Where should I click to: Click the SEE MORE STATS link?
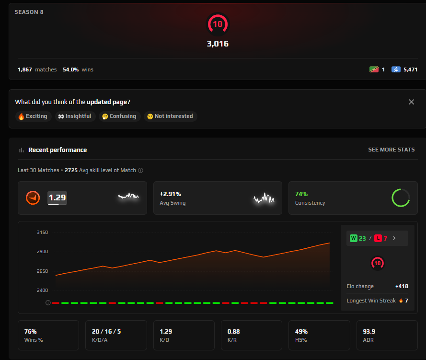[x=391, y=150]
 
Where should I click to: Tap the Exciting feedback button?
[x=33, y=116]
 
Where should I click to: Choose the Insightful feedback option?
[x=75, y=116]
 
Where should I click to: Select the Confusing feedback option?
[x=119, y=116]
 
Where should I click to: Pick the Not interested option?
[x=170, y=116]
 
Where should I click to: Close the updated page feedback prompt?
[x=411, y=102]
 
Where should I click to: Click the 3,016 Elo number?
[x=218, y=44]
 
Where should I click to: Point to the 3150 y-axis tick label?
[x=42, y=232]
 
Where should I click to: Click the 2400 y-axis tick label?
[x=42, y=290]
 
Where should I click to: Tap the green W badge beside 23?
[x=354, y=238]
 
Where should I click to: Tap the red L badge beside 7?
[x=378, y=238]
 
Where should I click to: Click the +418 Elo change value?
[x=402, y=286]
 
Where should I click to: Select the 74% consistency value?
[x=301, y=194]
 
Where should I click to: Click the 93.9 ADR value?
[x=369, y=331]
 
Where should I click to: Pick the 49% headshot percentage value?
[x=301, y=331]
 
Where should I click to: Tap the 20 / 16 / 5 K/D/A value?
[x=106, y=331]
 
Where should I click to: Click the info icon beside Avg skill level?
[x=140, y=170]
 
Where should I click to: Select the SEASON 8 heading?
[x=29, y=12]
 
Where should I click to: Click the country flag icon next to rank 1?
[x=374, y=70]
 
